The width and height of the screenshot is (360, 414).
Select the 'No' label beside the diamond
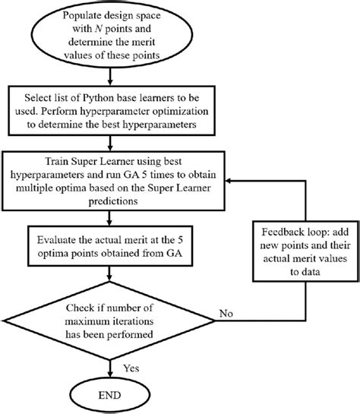tap(225, 313)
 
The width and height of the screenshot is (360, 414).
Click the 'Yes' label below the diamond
tap(130, 366)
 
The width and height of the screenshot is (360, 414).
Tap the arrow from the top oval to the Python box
tap(112, 76)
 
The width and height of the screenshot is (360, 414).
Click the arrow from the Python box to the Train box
tap(112, 141)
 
